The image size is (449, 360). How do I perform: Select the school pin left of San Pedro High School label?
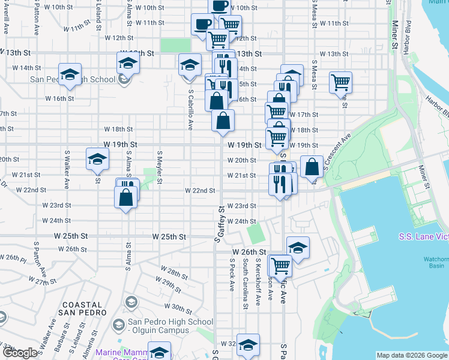(70, 73)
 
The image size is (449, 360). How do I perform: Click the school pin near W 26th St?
(298, 246)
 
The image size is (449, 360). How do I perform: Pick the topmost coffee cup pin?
(220, 5)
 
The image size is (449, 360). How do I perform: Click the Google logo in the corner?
(19, 353)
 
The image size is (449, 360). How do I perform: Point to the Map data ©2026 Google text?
(411, 355)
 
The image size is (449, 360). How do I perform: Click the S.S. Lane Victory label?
(423, 236)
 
